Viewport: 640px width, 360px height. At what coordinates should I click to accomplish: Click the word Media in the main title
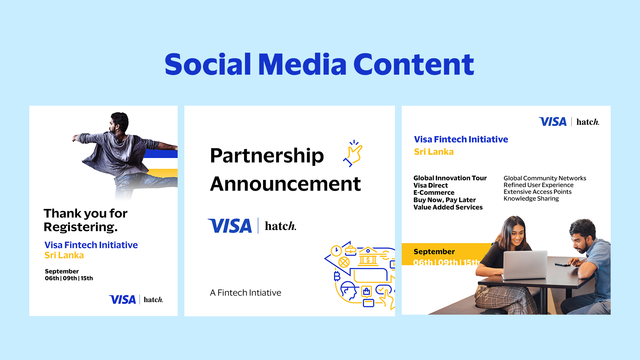pos(302,64)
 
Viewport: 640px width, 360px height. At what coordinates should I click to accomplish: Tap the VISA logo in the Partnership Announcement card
pos(230,226)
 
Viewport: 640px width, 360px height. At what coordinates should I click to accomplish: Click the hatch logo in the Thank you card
pos(153,299)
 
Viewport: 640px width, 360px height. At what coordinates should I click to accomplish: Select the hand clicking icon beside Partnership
pos(353,153)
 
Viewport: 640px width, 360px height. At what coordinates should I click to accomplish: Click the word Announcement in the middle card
pos(285,184)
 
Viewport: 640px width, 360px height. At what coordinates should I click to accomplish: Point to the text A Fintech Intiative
pos(246,293)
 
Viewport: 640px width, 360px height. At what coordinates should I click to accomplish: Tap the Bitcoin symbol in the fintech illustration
pos(337,276)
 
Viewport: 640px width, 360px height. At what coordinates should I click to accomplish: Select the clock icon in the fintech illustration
pos(336,251)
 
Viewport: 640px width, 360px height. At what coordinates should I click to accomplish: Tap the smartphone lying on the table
pos(563,264)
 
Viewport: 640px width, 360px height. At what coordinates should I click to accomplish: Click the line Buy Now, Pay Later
pos(444,200)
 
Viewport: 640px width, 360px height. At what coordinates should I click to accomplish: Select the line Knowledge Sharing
pos(531,199)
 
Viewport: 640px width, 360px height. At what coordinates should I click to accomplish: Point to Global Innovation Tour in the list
pos(450,178)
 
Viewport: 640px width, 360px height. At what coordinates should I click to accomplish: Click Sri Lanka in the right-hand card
pos(434,152)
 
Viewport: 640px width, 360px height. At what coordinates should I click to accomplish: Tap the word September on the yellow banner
pos(434,252)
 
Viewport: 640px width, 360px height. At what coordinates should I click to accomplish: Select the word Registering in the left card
pos(80,227)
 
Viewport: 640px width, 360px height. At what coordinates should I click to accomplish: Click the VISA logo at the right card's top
pos(553,122)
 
